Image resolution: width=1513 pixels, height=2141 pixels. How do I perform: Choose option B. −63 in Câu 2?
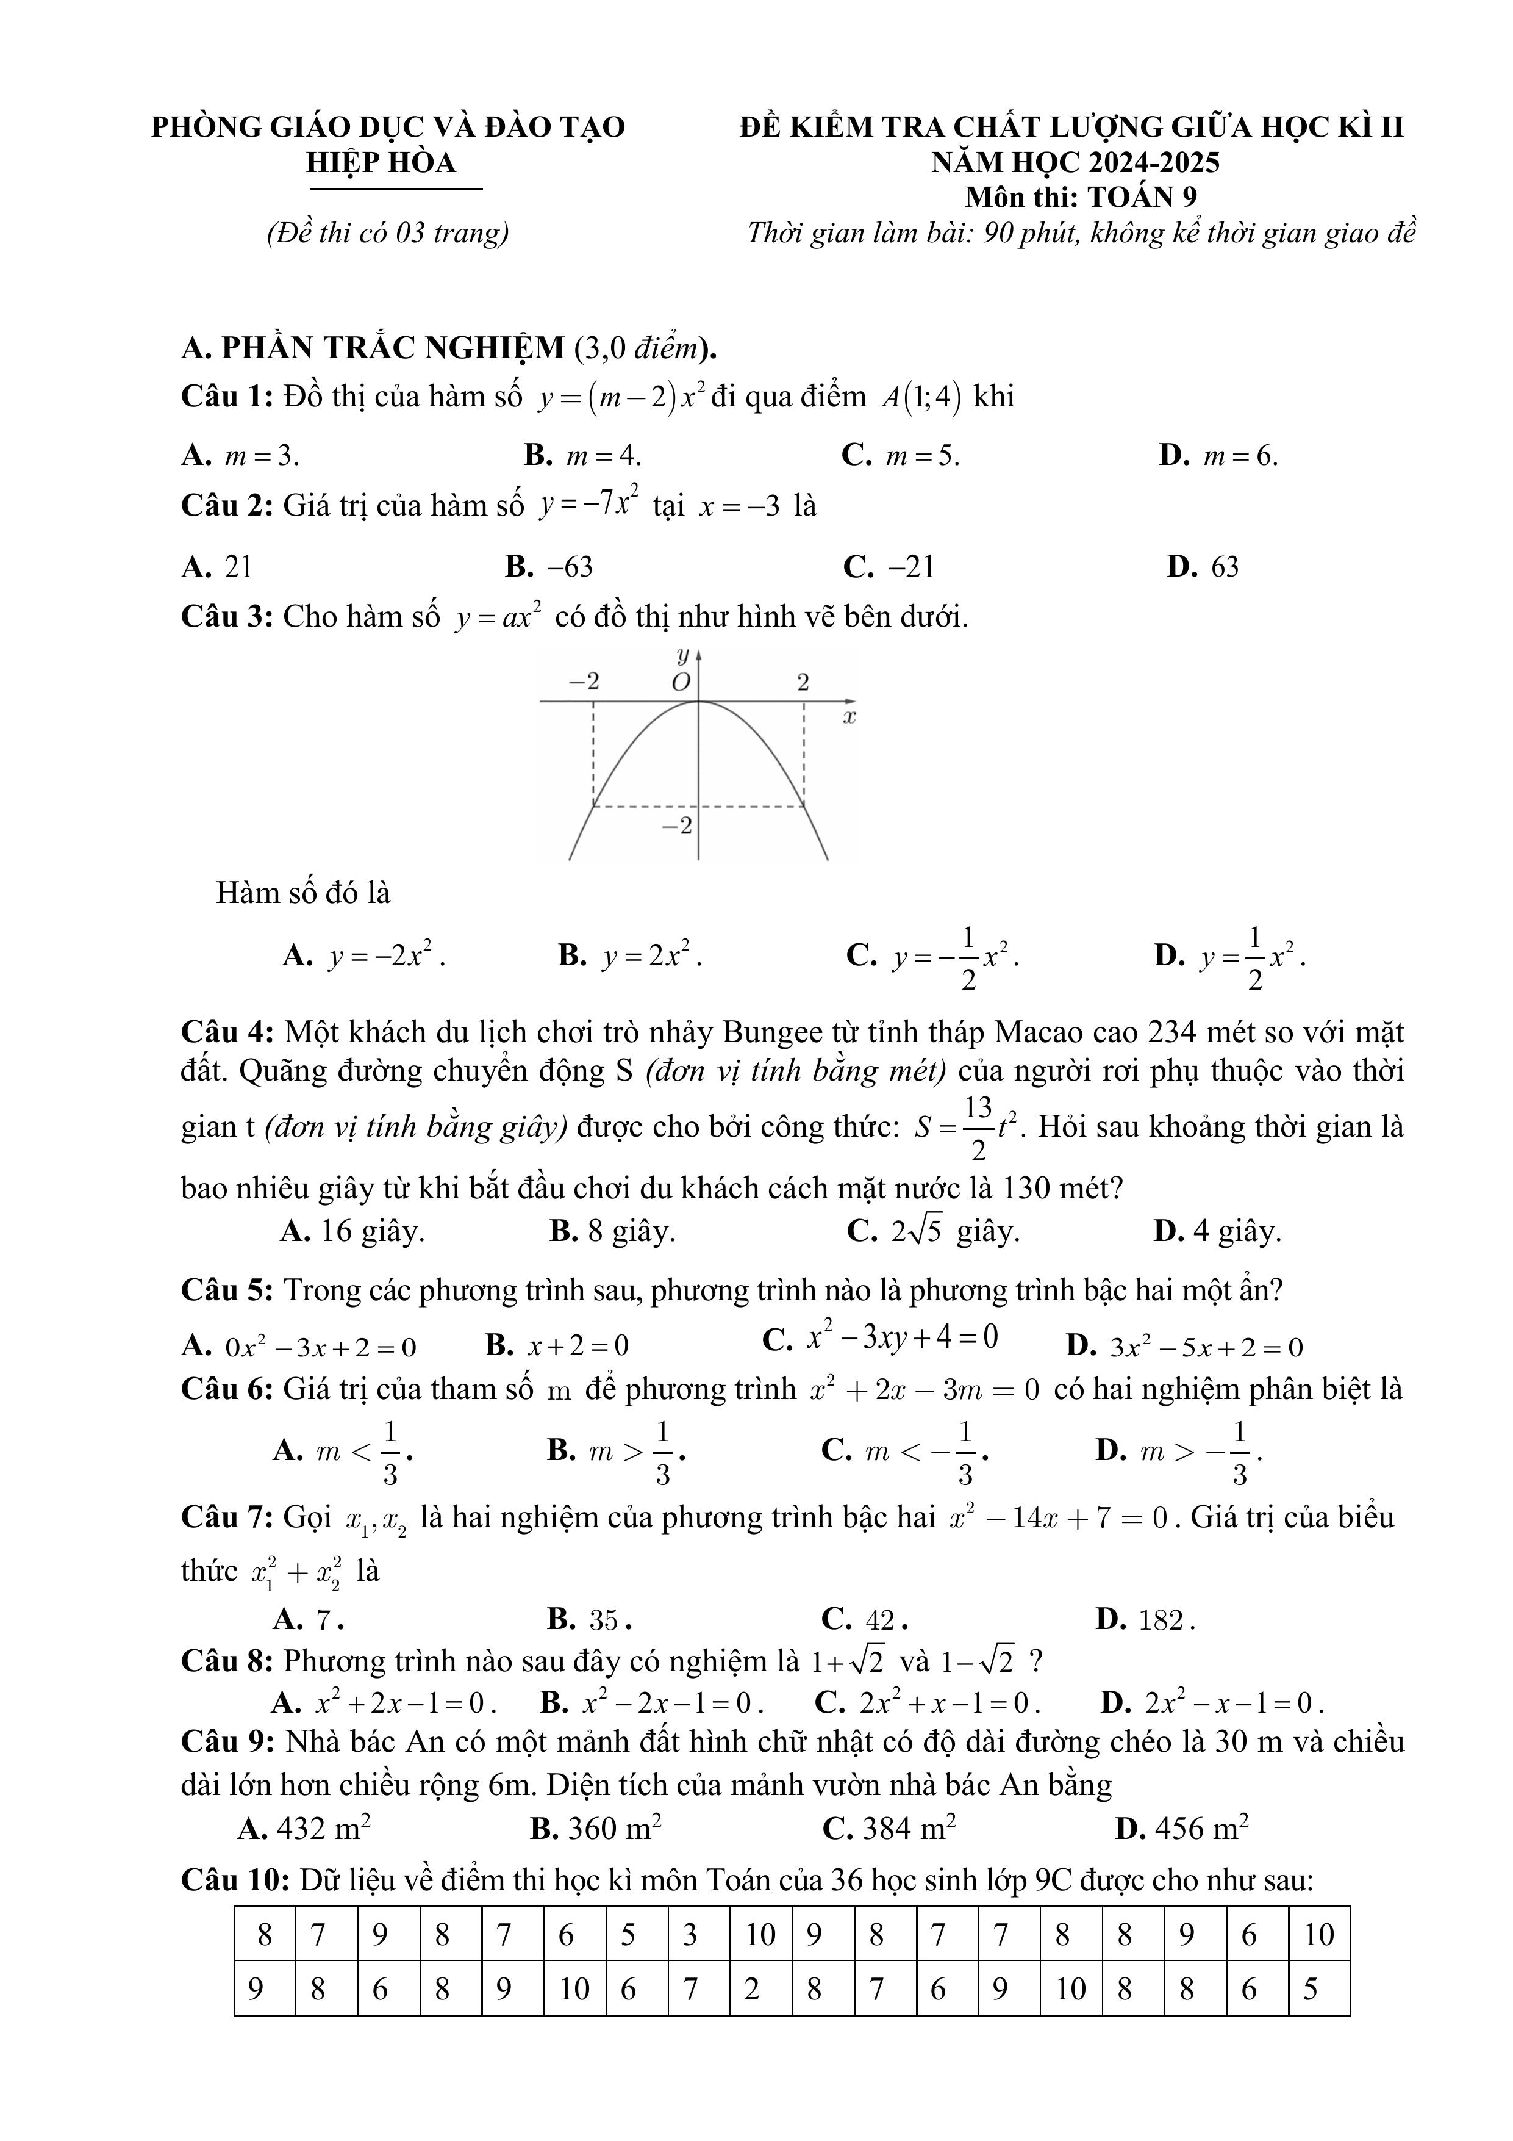click(549, 567)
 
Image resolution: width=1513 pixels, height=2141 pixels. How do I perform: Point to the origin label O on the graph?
click(681, 683)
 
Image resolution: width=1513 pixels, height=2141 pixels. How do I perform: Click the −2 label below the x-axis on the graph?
click(678, 826)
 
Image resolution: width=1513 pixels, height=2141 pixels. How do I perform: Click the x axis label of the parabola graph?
click(849, 717)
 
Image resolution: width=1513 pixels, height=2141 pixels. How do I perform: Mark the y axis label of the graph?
click(684, 655)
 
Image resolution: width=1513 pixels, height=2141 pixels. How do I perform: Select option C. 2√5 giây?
click(932, 1232)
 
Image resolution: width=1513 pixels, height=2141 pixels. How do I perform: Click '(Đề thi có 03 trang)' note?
click(388, 232)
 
